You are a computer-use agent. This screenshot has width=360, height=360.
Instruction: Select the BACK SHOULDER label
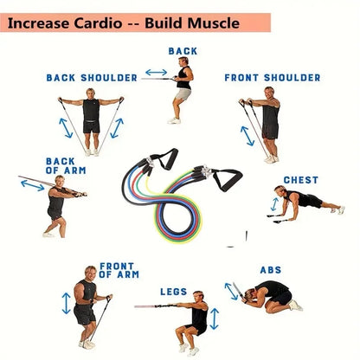point(92,77)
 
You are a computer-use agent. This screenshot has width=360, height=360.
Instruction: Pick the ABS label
point(271,270)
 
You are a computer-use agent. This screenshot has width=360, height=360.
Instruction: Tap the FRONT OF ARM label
point(118,270)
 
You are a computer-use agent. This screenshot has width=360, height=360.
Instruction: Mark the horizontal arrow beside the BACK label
point(156,73)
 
